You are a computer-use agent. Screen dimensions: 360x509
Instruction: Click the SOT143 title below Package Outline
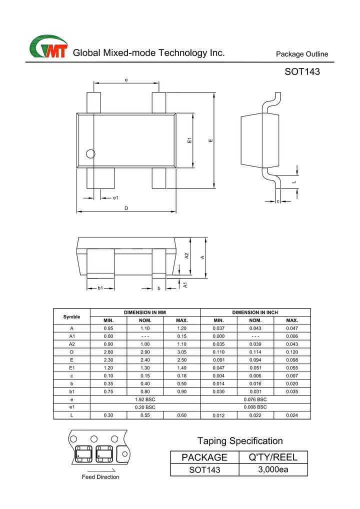click(302, 71)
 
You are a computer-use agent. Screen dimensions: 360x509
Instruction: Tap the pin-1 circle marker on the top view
click(90, 154)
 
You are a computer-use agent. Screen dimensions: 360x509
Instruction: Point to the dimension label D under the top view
click(126, 208)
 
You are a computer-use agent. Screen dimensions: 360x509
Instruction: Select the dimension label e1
click(115, 197)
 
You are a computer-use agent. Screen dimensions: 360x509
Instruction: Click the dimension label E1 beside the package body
click(189, 140)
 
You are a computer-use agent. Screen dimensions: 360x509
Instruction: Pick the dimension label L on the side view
click(294, 182)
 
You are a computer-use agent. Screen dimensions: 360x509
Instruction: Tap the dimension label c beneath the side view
click(278, 201)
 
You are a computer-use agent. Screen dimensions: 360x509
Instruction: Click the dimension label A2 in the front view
click(186, 256)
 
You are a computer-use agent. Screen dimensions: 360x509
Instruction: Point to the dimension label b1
click(100, 288)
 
